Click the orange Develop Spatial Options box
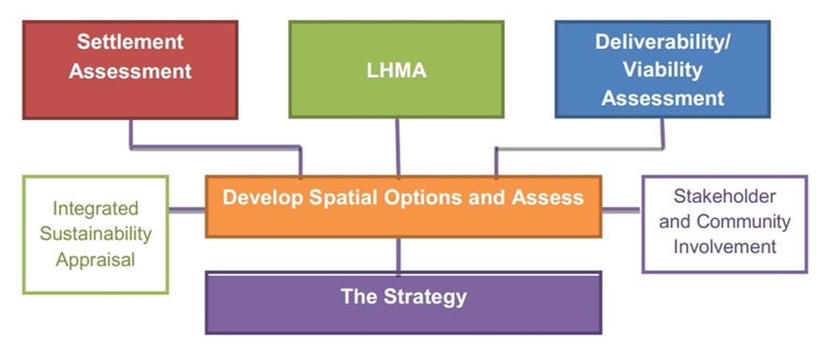click(x=402, y=205)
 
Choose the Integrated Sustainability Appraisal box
click(x=95, y=234)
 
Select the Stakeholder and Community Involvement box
click(x=724, y=222)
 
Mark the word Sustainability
click(x=96, y=234)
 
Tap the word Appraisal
click(x=96, y=259)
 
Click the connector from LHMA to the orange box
click(x=398, y=146)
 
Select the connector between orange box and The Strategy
click(x=399, y=254)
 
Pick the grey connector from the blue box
click(x=583, y=148)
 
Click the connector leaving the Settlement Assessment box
click(x=216, y=148)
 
